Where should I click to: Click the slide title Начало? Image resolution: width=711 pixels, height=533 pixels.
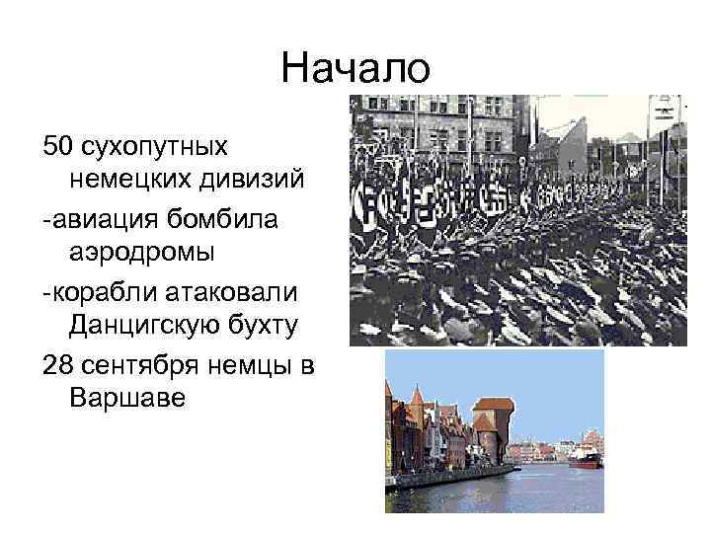[355, 69]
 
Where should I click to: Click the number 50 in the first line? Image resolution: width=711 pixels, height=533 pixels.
[57, 146]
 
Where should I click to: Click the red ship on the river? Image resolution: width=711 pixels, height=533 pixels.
[584, 458]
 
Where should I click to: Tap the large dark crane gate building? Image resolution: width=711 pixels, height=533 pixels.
[492, 424]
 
